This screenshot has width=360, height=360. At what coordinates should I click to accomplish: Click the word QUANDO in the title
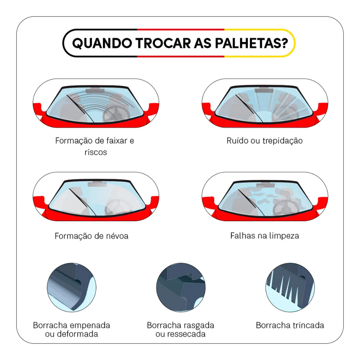(x=102, y=43)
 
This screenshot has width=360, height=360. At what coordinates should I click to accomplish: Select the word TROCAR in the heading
(x=163, y=43)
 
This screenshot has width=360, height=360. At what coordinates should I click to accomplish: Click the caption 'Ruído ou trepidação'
(x=264, y=141)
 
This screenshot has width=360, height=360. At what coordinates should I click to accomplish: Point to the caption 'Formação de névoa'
(x=91, y=236)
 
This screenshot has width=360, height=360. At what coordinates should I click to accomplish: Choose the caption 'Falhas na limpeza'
(x=264, y=236)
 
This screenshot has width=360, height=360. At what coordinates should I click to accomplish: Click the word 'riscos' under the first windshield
(x=96, y=152)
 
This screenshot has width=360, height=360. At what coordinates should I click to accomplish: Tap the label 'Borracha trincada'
(x=290, y=325)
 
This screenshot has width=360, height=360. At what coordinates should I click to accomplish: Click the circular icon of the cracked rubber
(x=290, y=288)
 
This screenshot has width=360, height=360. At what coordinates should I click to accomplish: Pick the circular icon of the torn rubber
(x=181, y=288)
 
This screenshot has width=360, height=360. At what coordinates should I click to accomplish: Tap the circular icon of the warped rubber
(x=72, y=288)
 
